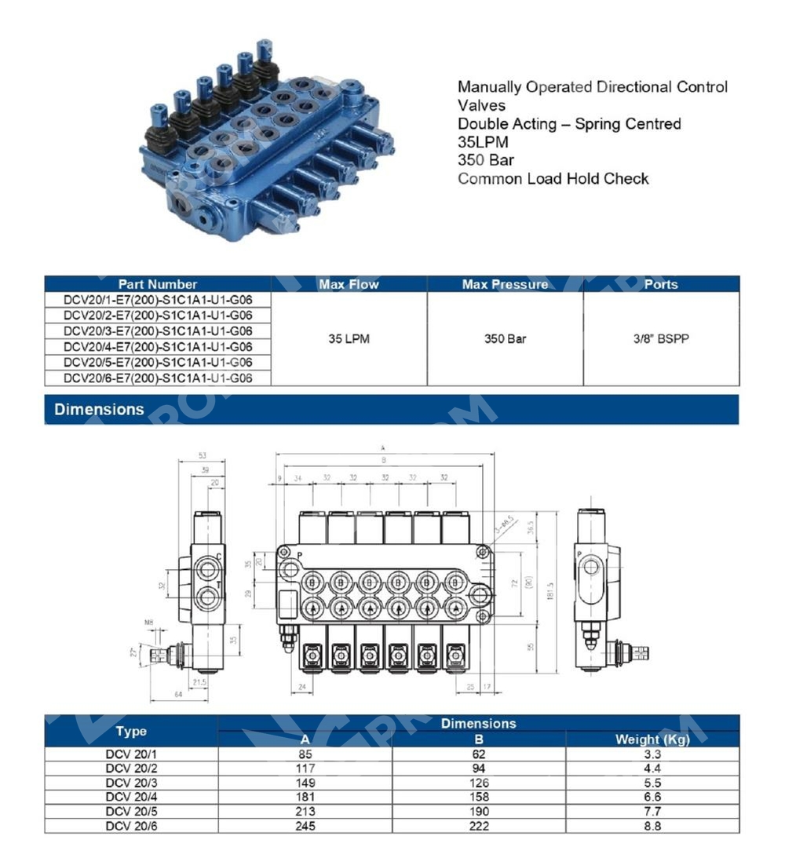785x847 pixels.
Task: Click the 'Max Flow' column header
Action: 349,284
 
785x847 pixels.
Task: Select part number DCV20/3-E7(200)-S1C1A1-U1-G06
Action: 157,330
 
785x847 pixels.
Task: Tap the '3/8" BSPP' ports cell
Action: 660,339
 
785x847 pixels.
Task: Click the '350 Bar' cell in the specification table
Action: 505,339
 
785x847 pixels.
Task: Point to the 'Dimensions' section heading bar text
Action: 99,409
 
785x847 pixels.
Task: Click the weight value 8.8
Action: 652,826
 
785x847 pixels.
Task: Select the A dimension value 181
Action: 305,798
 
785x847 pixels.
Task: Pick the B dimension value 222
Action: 479,826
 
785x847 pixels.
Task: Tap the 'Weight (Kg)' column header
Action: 652,739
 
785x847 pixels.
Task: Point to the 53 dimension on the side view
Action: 202,455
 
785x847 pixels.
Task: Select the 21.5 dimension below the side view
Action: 199,683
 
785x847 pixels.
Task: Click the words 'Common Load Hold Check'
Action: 553,179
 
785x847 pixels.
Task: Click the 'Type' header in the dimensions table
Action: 131,731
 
